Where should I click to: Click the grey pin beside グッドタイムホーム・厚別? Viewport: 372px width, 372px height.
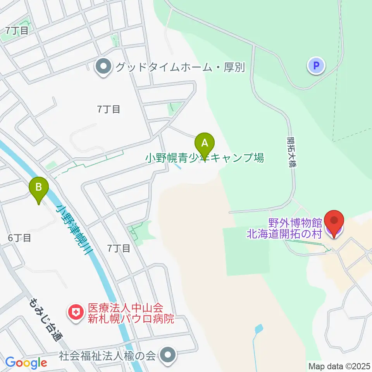click(103, 68)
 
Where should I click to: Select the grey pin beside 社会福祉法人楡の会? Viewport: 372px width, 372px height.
click(167, 355)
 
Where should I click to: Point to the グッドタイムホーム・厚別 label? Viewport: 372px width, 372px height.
click(179, 67)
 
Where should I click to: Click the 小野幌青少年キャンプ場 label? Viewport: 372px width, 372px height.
click(205, 158)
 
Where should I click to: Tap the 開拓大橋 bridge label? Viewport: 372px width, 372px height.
click(292, 151)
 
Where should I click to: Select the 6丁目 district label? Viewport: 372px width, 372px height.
click(19, 238)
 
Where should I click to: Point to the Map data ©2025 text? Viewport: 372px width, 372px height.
click(339, 366)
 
